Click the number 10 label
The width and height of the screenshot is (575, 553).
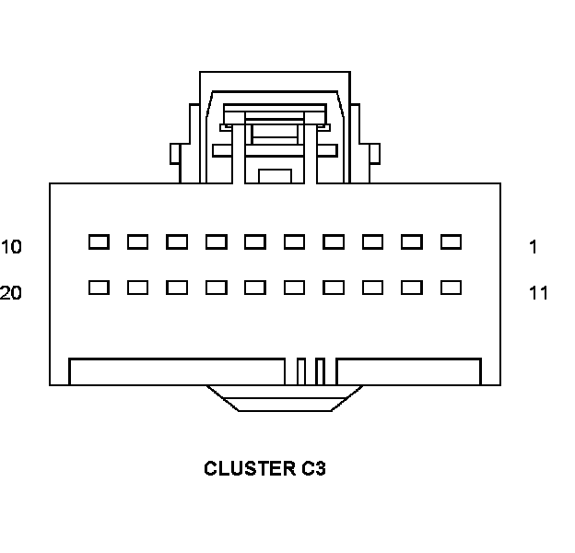pos(11,247)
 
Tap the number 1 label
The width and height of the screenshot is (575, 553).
pos(534,247)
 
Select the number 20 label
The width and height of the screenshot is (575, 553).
pos(11,293)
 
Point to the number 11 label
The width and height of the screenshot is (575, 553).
pos(538,293)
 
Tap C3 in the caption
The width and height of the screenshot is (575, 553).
pos(313,468)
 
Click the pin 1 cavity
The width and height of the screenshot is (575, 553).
pos(451,242)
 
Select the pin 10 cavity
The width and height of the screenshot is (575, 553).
pos(99,242)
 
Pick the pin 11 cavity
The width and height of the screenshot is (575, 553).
pos(451,288)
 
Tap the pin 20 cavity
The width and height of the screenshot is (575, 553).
pos(99,288)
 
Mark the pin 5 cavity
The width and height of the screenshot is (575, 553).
pos(294,242)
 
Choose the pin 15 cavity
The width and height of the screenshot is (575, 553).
pos(294,288)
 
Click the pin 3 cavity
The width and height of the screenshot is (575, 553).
pos(372,242)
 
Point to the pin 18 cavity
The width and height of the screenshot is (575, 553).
pos(177,288)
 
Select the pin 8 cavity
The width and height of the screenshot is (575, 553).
pos(177,242)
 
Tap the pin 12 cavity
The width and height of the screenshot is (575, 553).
pos(412,288)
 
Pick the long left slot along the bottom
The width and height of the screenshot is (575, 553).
pos(177,371)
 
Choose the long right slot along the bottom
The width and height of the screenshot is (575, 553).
pos(409,371)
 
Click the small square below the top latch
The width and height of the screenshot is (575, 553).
pos(274,175)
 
